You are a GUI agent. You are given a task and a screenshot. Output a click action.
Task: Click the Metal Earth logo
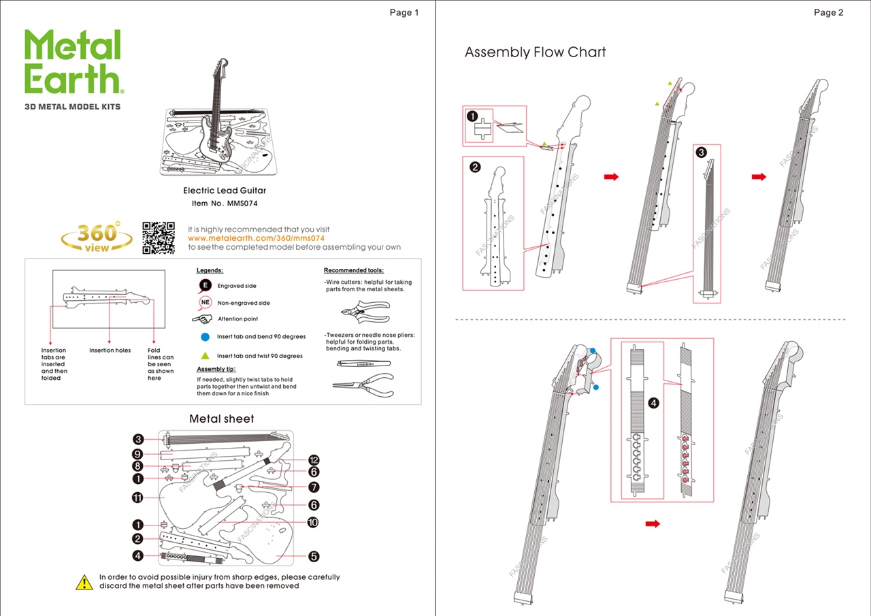pos(73,63)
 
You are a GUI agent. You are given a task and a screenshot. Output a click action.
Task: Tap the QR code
pos(158,238)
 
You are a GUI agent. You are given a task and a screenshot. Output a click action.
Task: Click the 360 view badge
pos(97,238)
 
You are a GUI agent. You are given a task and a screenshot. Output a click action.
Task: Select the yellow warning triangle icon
pos(84,582)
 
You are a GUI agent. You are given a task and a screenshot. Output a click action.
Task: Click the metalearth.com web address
pos(256,239)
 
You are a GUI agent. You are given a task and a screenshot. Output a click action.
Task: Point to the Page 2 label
pos(828,12)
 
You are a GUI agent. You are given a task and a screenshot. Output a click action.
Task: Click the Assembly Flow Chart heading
pos(535,52)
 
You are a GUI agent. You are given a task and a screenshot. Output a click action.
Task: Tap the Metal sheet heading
pos(221,419)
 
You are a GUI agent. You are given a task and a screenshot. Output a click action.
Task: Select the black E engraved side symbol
pos(205,286)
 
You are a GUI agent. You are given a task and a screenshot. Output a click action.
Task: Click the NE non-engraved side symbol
pos(206,303)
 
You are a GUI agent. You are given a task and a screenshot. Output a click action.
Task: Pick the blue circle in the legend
pos(205,336)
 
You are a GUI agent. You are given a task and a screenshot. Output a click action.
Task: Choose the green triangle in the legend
pos(205,355)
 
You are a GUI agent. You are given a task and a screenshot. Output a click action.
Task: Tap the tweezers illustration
pos(362,363)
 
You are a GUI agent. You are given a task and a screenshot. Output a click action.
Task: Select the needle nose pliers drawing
pos(363,387)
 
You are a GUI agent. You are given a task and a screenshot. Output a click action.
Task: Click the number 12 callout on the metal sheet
pos(314,460)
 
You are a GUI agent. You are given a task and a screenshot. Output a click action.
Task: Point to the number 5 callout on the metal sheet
pos(314,556)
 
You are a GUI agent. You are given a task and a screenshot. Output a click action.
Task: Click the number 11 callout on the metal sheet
pos(137,498)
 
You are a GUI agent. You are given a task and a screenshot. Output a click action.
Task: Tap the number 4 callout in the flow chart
pos(653,403)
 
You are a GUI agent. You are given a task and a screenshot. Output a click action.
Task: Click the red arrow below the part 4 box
pos(653,523)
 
